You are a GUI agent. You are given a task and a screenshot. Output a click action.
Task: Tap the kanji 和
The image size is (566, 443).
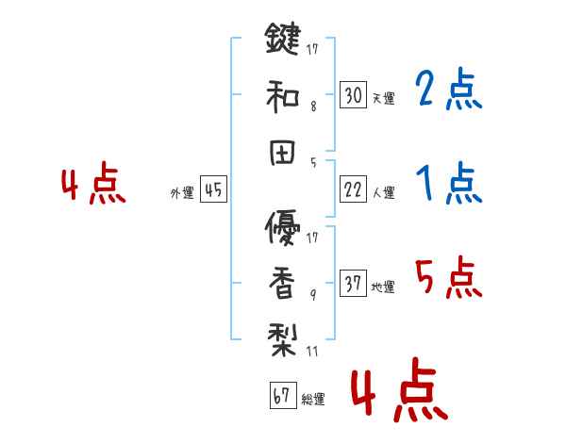click(283, 96)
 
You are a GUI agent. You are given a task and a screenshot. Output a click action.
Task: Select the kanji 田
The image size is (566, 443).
click(283, 153)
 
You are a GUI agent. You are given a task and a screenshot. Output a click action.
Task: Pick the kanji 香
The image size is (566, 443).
click(283, 284)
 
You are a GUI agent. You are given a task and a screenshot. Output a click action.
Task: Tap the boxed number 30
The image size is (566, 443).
click(353, 94)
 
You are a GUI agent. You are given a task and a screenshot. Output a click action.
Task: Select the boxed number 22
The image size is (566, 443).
click(353, 190)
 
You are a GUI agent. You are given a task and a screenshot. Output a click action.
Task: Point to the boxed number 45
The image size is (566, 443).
click(213, 190)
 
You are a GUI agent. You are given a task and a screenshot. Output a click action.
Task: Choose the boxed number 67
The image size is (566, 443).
click(281, 397)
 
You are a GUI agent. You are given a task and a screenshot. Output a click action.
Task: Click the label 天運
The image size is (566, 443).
click(383, 98)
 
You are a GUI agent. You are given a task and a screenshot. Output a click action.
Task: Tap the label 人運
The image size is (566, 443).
click(383, 193)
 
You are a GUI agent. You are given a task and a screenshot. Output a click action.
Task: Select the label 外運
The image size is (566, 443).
click(182, 193)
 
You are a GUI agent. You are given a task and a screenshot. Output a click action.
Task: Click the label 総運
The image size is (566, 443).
click(312, 400)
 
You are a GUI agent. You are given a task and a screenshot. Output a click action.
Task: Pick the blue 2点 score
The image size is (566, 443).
click(448, 90)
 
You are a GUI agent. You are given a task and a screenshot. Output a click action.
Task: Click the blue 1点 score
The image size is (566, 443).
click(448, 184)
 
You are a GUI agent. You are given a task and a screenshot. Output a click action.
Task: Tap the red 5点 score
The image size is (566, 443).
click(448, 277)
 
